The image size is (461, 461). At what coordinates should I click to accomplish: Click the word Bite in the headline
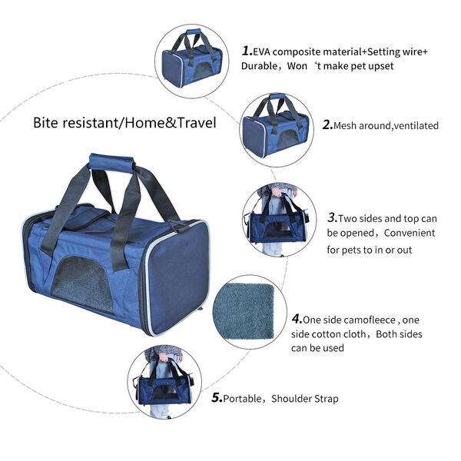pyautogui.click(x=45, y=123)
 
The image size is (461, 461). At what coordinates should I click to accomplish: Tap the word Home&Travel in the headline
pyautogui.click(x=171, y=123)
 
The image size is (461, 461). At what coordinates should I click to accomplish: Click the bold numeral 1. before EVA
pyautogui.click(x=247, y=51)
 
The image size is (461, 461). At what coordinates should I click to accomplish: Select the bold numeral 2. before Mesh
pyautogui.click(x=327, y=125)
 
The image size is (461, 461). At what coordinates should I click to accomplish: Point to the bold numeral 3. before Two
pyautogui.click(x=333, y=218)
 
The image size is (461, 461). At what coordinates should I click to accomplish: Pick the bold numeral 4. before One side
pyautogui.click(x=297, y=319)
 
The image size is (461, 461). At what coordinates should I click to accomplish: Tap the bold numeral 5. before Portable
pyautogui.click(x=217, y=398)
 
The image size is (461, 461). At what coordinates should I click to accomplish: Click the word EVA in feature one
pyautogui.click(x=263, y=51)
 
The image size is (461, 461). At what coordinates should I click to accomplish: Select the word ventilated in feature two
pyautogui.click(x=416, y=125)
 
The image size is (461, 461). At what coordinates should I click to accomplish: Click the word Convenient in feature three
pyautogui.click(x=410, y=233)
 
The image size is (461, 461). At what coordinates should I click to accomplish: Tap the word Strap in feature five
pyautogui.click(x=327, y=399)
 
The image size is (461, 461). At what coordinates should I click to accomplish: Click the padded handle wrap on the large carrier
pyautogui.click(x=111, y=163)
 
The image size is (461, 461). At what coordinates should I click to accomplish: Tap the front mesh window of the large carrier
pyautogui.click(x=83, y=284)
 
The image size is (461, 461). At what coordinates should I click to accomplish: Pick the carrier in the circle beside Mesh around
pyautogui.click(x=276, y=126)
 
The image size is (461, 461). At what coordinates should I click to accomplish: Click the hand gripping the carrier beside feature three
pyautogui.click(x=276, y=192)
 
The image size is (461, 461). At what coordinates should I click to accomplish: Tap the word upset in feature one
pyautogui.click(x=381, y=66)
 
